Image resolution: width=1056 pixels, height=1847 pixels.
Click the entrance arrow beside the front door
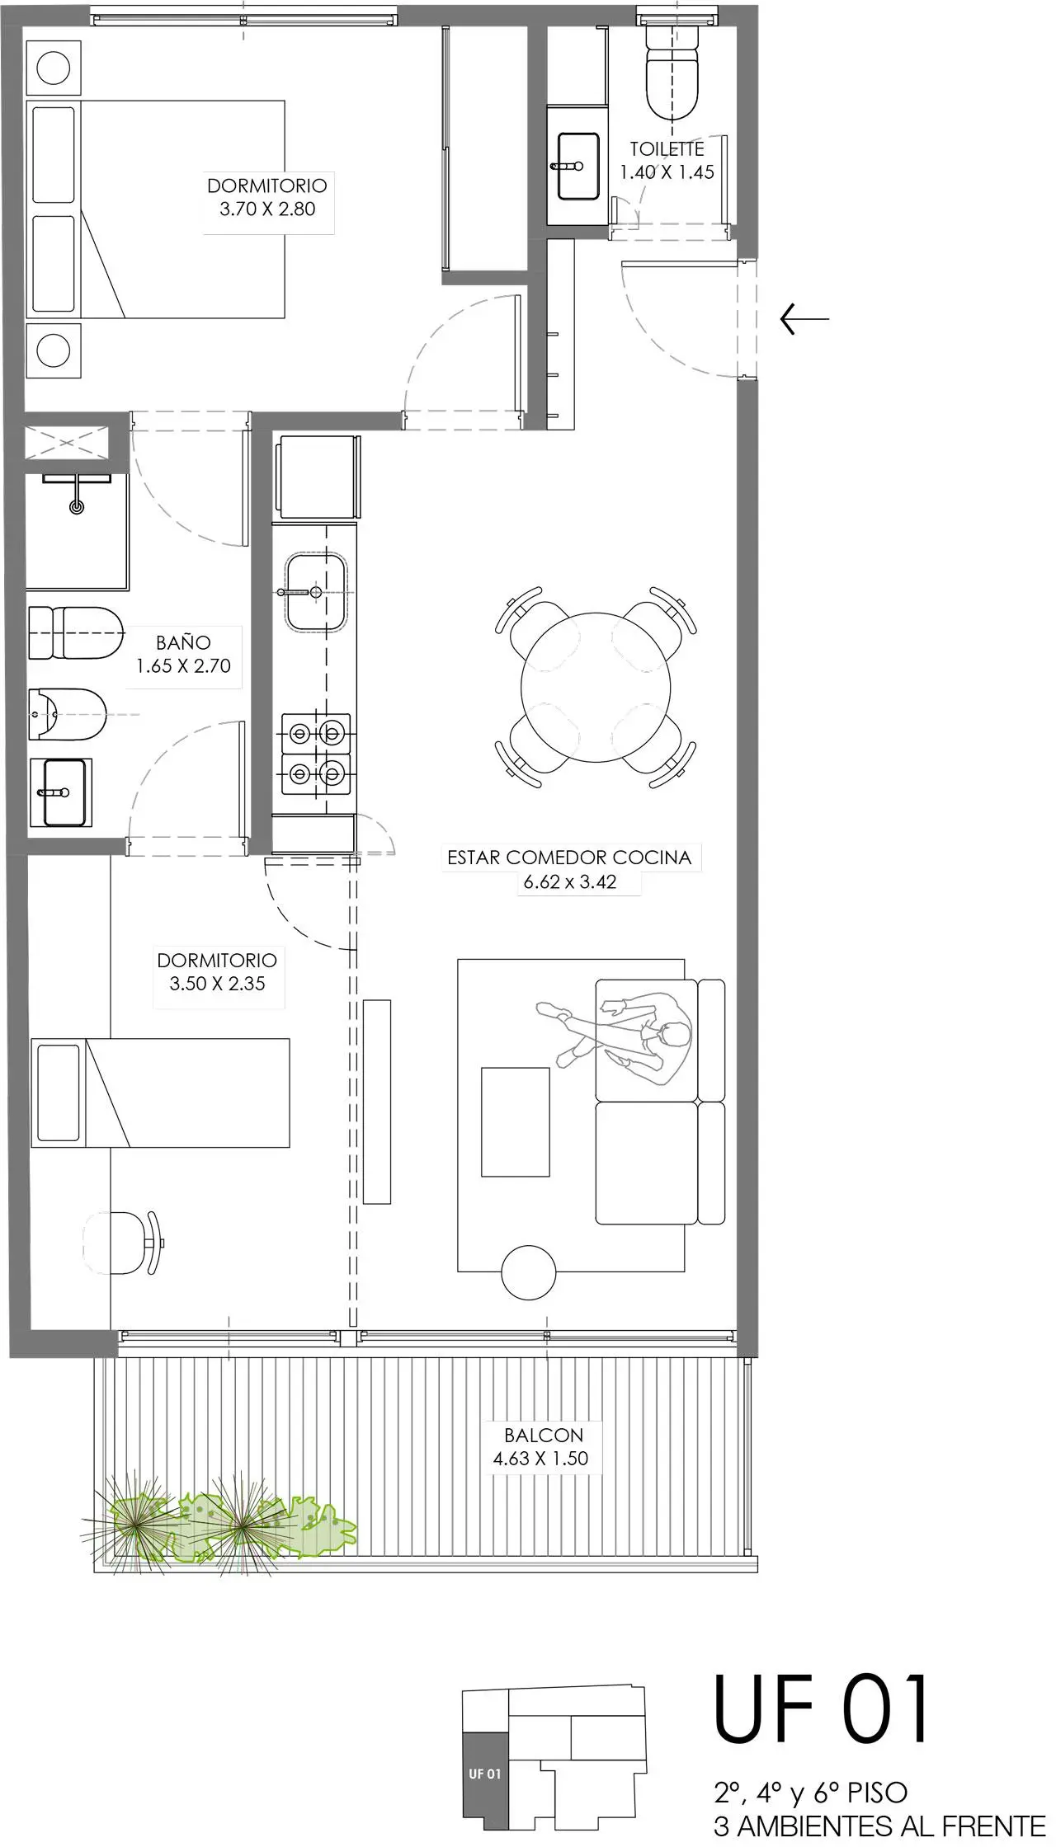(x=804, y=318)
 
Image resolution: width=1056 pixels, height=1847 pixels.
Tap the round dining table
(x=596, y=687)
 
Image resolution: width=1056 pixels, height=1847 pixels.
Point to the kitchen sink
(x=316, y=591)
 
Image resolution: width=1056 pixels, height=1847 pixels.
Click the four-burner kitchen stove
(x=316, y=754)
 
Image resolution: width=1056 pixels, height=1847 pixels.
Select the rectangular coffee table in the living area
(x=516, y=1121)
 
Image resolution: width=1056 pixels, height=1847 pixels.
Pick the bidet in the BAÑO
(x=68, y=714)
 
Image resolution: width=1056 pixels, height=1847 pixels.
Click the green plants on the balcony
(x=223, y=1526)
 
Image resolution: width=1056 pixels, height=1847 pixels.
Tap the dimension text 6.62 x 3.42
(x=570, y=881)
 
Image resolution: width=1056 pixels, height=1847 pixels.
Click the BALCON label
(x=544, y=1435)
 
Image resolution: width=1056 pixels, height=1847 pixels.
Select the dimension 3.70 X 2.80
(x=267, y=209)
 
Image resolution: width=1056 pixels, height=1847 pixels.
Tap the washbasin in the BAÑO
(x=62, y=792)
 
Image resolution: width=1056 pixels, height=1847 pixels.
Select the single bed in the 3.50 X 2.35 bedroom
(x=160, y=1093)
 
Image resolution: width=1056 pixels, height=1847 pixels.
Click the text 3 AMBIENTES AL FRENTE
(x=879, y=1825)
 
